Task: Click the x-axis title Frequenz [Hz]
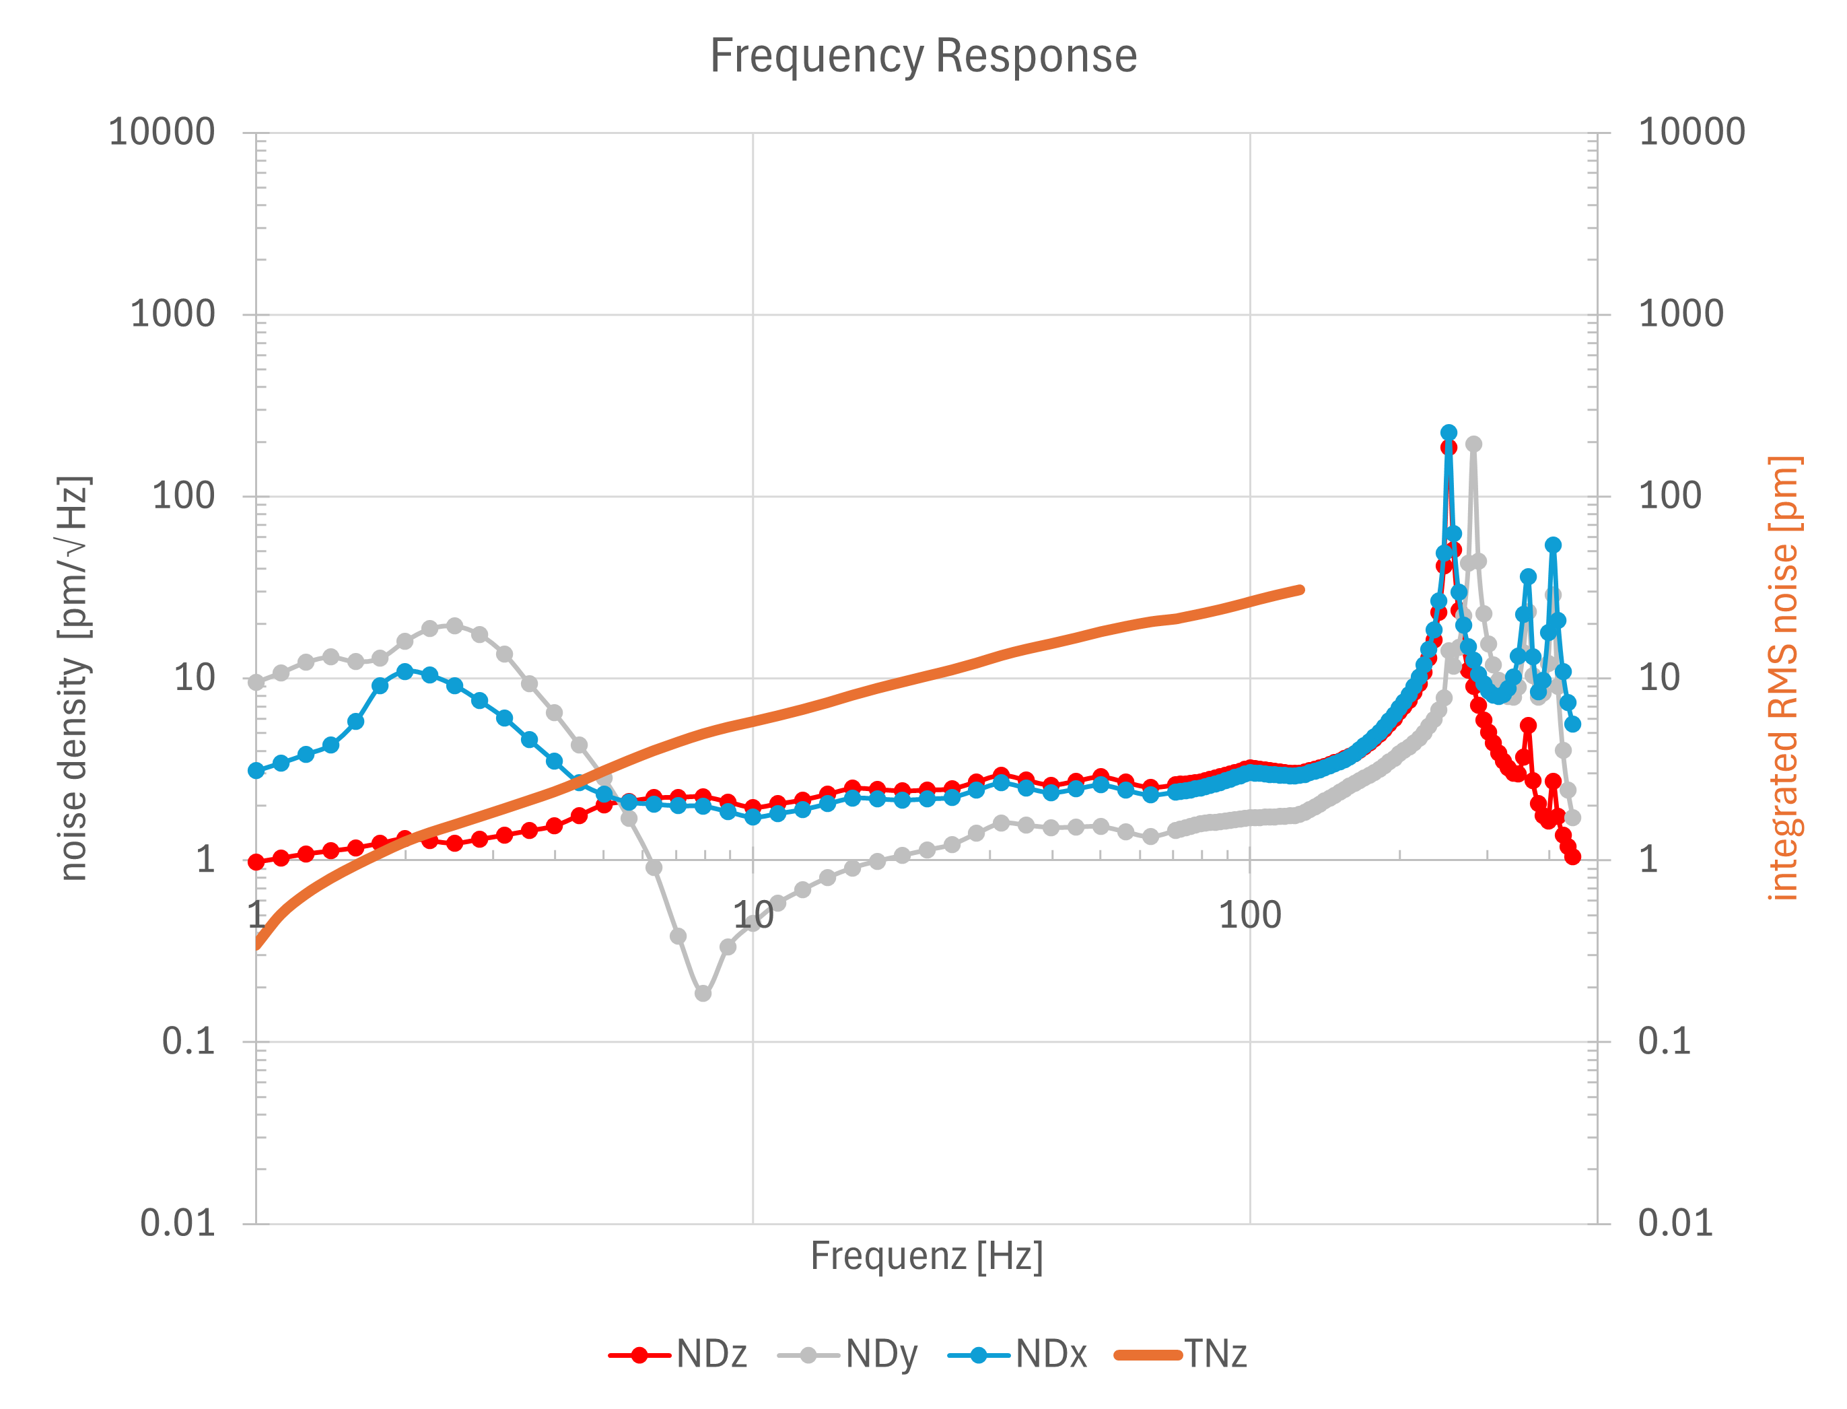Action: [926, 1256]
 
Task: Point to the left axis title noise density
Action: [74, 678]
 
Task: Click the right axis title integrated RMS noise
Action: [1784, 678]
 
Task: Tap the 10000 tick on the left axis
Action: [162, 133]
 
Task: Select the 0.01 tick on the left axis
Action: [178, 1224]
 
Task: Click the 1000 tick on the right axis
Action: [1680, 314]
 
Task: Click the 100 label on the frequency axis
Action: [1249, 915]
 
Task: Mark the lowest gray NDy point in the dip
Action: [703, 993]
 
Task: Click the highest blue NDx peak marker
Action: [1449, 433]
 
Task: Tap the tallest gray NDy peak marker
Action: [1473, 444]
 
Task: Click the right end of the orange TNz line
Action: [1300, 590]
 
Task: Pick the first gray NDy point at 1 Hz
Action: [256, 682]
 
